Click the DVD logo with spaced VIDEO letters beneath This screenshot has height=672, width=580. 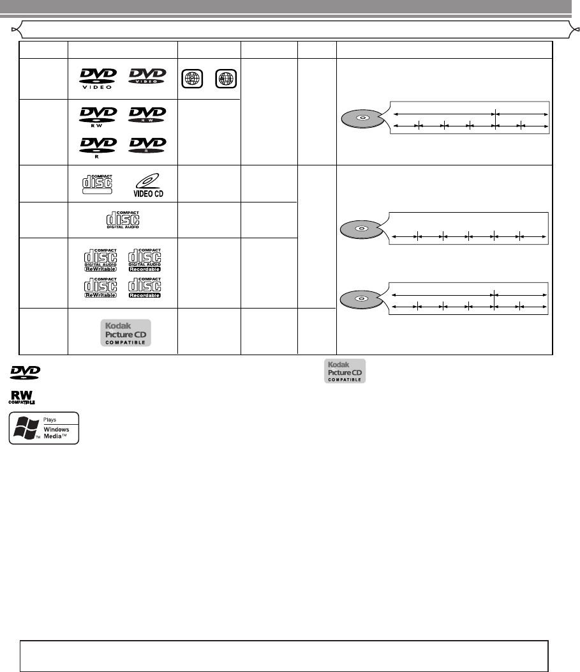click(98, 77)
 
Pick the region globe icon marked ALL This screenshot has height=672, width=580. click(226, 79)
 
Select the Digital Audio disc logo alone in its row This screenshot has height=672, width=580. click(123, 218)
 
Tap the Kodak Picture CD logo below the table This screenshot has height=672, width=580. click(343, 370)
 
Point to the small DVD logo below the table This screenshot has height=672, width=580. click(25, 371)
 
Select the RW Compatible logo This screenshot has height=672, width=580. click(21, 397)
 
